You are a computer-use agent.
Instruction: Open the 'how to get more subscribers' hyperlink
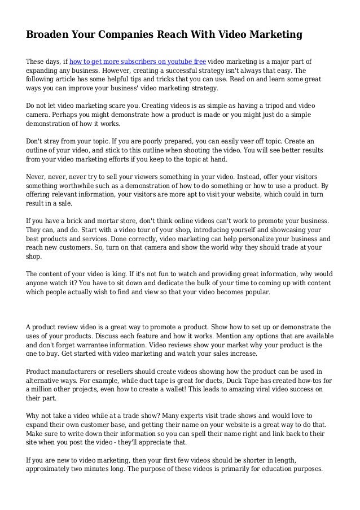pos(137,62)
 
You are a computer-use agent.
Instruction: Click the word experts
pos(166,416)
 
